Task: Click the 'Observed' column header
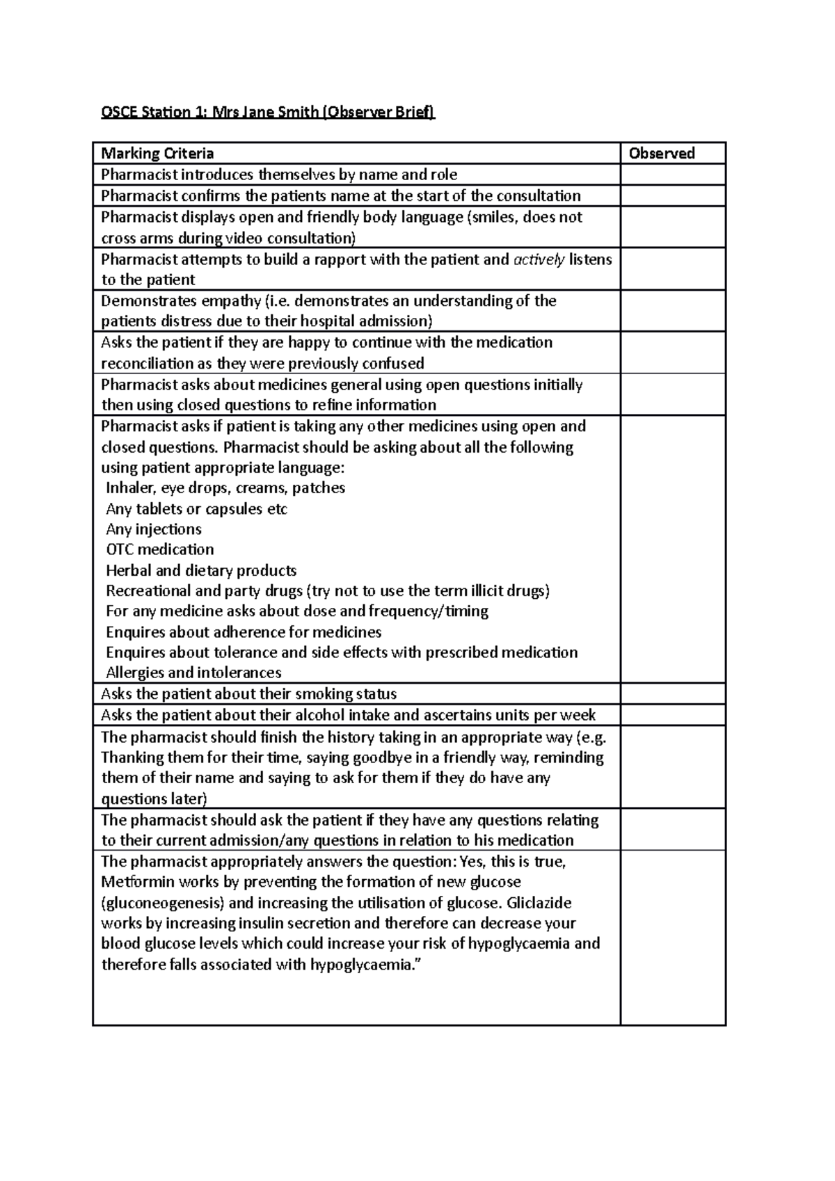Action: (x=661, y=153)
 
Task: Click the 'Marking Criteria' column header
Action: (x=157, y=153)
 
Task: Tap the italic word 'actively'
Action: (x=539, y=259)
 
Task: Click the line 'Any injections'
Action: (x=154, y=529)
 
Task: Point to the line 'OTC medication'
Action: (x=160, y=549)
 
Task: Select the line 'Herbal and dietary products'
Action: (x=201, y=570)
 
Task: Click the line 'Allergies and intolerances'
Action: (x=193, y=673)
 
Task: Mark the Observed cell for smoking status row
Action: (x=672, y=693)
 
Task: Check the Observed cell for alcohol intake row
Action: (x=672, y=714)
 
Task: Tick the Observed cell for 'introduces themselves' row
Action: (x=672, y=175)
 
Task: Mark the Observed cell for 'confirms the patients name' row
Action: (x=672, y=195)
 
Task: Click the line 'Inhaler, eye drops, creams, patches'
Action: (x=225, y=488)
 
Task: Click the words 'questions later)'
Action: (x=154, y=798)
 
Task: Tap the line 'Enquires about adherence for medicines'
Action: (x=244, y=632)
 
